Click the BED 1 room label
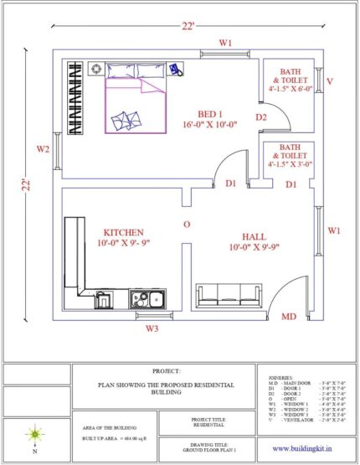[210, 114]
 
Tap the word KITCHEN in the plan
[123, 232]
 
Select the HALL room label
[253, 237]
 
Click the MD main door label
[289, 317]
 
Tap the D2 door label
[261, 117]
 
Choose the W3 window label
[151, 328]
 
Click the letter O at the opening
[188, 225]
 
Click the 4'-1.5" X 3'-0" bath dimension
[290, 164]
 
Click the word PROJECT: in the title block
[166, 369]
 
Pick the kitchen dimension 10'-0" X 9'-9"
[123, 243]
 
